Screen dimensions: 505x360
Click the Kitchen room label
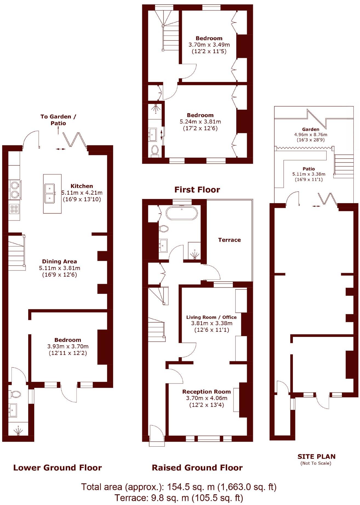pos(82,186)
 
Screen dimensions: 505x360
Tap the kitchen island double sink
pos(50,193)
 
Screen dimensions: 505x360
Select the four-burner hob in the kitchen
pos(14,209)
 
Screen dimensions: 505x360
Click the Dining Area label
pos(59,261)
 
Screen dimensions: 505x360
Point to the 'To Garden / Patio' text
pos(58,120)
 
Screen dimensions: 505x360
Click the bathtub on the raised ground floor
pos(181,213)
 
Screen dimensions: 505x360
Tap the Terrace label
pos(229,240)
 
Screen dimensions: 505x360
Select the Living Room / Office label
pos(211,317)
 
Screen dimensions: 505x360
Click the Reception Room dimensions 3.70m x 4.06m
pos(206,398)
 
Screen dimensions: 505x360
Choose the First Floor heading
pos(197,190)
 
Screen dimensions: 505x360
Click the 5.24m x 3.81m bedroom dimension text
pos(200,122)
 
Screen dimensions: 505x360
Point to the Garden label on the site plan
pos(310,129)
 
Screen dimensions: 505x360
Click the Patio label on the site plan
pos(308,169)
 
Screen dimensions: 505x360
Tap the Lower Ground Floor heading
pos(58,468)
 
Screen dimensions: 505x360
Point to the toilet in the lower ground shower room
pos(15,394)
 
